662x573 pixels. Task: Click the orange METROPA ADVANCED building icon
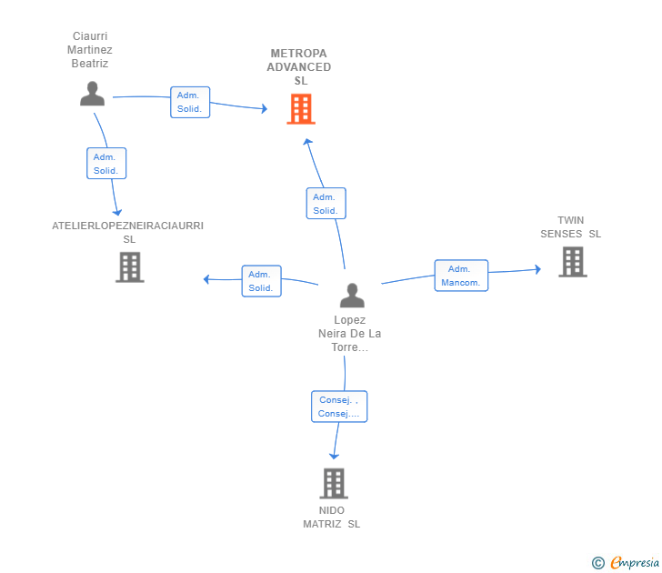pos(301,109)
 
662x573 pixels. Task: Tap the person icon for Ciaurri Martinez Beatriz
pos(92,94)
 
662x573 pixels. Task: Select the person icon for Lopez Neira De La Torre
pos(352,296)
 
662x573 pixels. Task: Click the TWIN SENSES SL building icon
pos(572,262)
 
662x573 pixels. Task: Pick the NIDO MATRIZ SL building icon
pos(334,483)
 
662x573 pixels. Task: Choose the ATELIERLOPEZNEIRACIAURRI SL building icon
pos(129,266)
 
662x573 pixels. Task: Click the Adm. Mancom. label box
pos(461,276)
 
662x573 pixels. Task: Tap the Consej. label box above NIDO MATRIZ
pos(339,407)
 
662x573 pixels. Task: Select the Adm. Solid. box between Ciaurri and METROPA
pos(190,102)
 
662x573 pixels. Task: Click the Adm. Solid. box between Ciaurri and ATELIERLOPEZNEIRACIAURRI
pos(106,164)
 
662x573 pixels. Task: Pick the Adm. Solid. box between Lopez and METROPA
pos(326,204)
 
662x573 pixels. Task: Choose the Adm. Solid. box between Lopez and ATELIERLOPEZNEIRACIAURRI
pos(261,281)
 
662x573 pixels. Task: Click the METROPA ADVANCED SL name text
pos(300,67)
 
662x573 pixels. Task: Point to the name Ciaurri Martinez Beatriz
pos(91,50)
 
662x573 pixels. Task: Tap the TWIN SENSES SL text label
pos(571,227)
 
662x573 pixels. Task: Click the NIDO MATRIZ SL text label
pos(332,517)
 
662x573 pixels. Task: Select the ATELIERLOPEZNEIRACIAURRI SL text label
pos(128,232)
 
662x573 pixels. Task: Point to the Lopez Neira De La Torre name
pos(350,333)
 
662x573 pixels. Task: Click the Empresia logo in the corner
pos(626,562)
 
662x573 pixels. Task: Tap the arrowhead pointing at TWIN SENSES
pos(538,269)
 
